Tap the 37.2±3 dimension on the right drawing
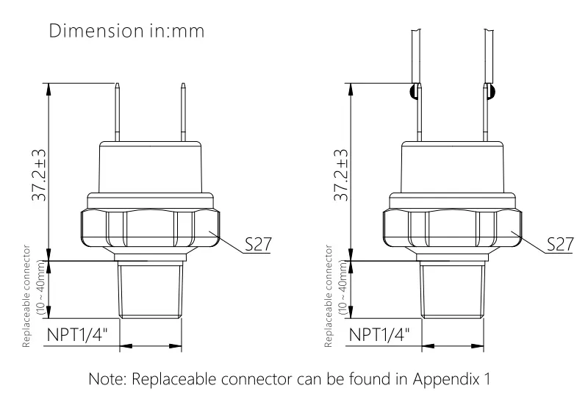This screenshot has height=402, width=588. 341,174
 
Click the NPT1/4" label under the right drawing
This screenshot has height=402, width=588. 379,334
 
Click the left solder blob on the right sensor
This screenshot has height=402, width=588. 414,92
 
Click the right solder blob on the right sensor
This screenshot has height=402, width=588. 491,92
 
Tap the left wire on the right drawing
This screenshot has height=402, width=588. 416,51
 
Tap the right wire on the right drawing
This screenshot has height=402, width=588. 487,51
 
